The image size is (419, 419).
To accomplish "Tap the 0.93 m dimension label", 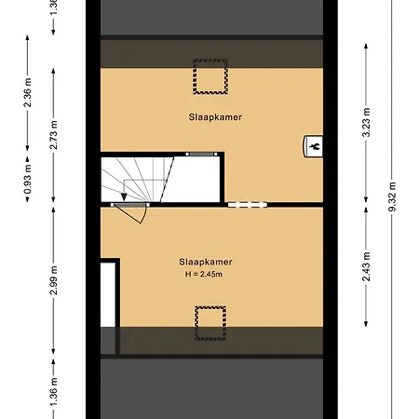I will pyautogui.click(x=28, y=184).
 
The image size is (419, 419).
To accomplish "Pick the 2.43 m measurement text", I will pyautogui.click(x=367, y=267).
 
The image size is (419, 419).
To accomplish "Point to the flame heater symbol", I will pyautogui.click(x=314, y=146).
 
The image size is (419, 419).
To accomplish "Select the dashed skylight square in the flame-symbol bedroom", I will pyautogui.click(x=209, y=75).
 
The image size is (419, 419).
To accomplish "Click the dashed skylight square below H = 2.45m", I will pyautogui.click(x=209, y=318).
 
